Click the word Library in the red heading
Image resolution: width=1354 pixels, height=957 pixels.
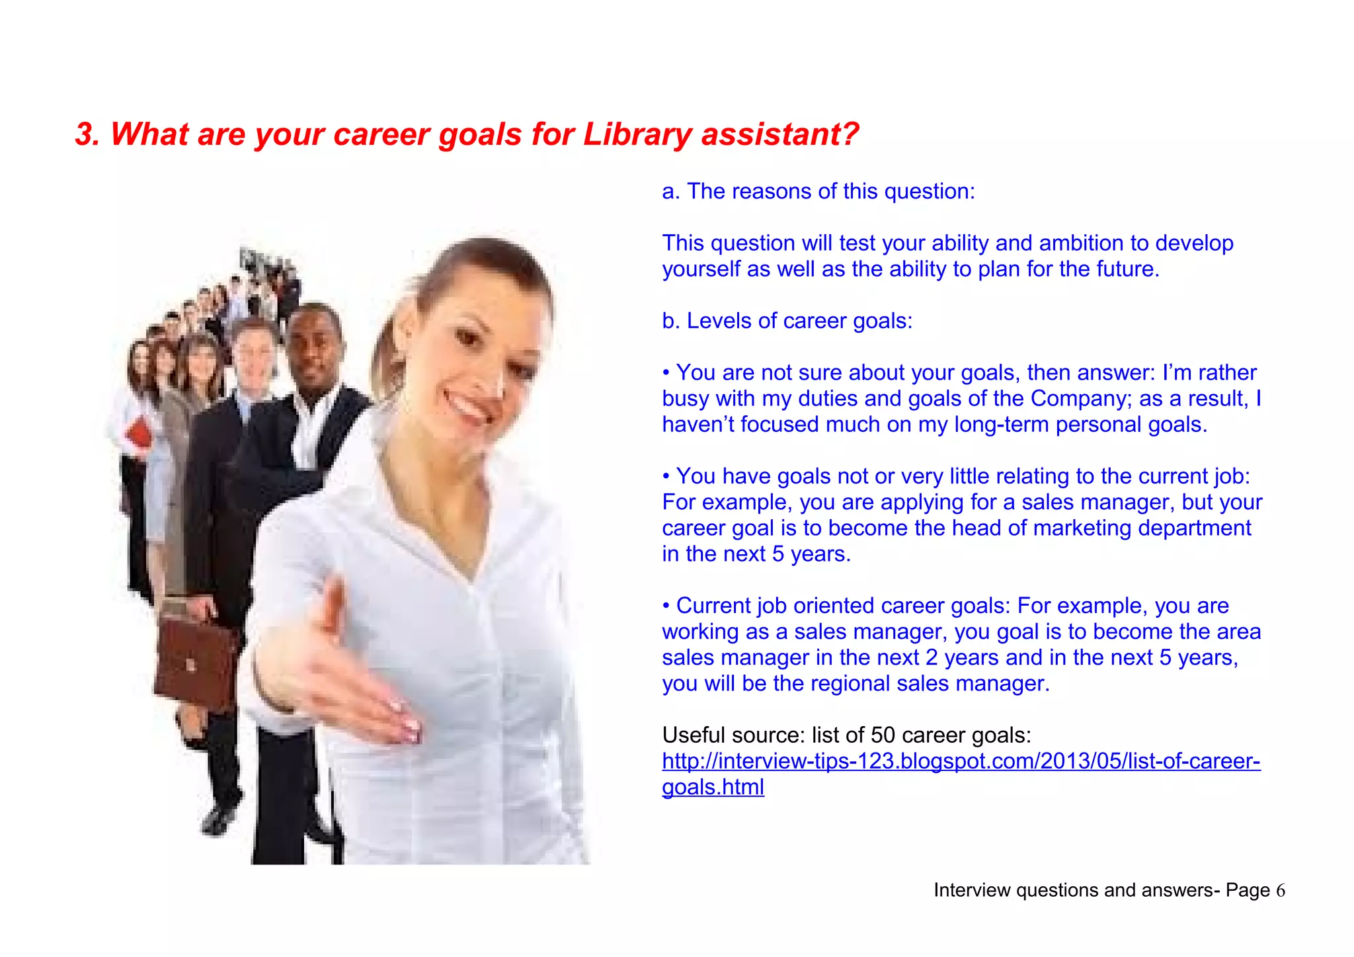[636, 135]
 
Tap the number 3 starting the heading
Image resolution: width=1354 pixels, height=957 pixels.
[83, 134]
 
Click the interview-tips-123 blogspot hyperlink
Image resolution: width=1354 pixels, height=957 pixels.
[961, 761]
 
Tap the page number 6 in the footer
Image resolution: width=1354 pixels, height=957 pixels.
[1280, 891]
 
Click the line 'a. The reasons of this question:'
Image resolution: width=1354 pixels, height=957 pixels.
[818, 192]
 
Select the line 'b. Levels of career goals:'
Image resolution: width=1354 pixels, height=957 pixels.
[787, 321]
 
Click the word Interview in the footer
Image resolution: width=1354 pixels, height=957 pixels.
[972, 891]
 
